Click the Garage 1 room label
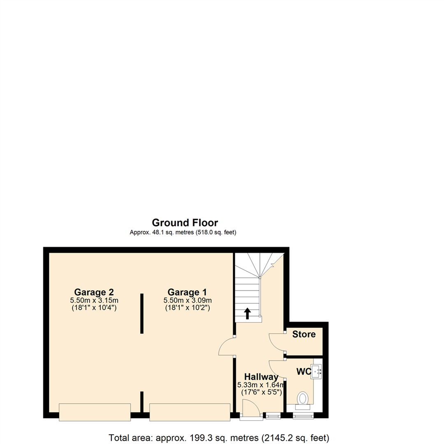187,292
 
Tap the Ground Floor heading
185,223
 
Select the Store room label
304,334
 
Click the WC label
303,371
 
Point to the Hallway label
261,377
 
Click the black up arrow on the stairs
247,314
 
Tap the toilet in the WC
303,399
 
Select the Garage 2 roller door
95,412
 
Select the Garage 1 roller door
190,412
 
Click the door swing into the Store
276,342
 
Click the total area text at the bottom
219,438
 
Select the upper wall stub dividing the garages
142,313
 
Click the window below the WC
303,416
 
